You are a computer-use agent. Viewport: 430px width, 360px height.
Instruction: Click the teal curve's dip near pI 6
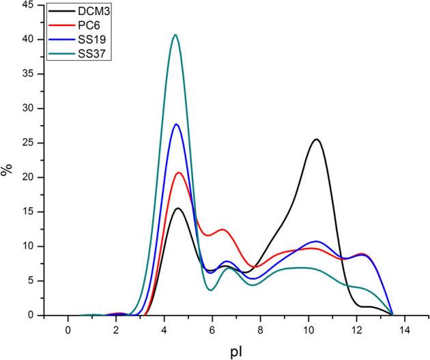211,290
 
